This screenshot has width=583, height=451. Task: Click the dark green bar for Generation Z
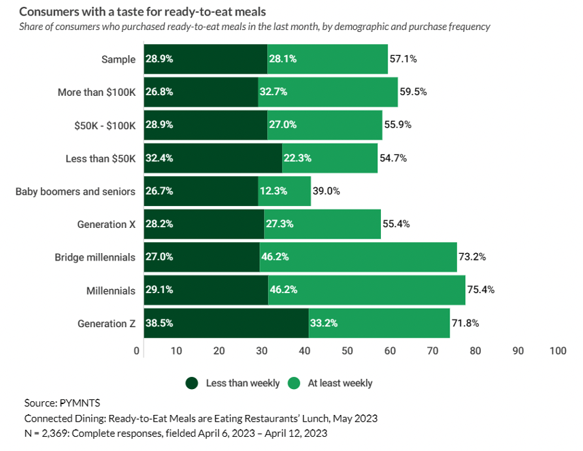click(x=224, y=323)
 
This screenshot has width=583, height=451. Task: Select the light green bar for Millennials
click(x=366, y=290)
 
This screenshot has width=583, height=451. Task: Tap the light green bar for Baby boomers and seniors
click(x=284, y=191)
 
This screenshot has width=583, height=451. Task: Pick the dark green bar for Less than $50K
click(x=212, y=158)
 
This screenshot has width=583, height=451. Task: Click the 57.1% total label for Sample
click(x=403, y=59)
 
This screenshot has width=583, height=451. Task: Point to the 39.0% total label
click(x=326, y=191)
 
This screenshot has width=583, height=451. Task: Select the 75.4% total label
click(x=480, y=290)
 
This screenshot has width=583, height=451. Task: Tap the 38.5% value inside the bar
click(x=159, y=323)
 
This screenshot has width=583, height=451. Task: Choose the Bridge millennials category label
click(x=95, y=257)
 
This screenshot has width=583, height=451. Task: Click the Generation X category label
click(x=106, y=224)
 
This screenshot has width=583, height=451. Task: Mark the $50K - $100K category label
click(x=99, y=125)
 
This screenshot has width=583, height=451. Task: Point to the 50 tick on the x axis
click(x=347, y=351)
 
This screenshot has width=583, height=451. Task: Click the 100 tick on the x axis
click(x=557, y=351)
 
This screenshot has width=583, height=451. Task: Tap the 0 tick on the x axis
click(x=137, y=351)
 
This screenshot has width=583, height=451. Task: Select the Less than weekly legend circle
click(x=193, y=383)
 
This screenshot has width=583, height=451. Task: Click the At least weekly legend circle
click(x=295, y=383)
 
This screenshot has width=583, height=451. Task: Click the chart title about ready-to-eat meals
click(x=143, y=12)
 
